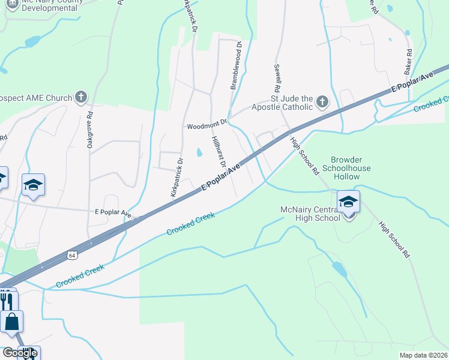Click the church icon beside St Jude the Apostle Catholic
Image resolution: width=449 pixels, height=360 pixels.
coord(322,102)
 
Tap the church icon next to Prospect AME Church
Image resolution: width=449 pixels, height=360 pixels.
coord(81,97)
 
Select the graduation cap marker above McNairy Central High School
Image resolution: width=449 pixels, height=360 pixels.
coord(348,202)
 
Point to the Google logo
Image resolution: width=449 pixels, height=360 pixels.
coord(19,353)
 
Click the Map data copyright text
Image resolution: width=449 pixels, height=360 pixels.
coord(424,355)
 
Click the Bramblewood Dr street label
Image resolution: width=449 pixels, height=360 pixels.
coord(236,65)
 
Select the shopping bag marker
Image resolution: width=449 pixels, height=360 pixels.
coord(11,322)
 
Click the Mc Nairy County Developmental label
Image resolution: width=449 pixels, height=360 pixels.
coord(43,5)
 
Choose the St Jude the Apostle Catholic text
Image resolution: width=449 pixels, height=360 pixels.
coord(292,103)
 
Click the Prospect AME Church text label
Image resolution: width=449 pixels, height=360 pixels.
coord(36,97)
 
